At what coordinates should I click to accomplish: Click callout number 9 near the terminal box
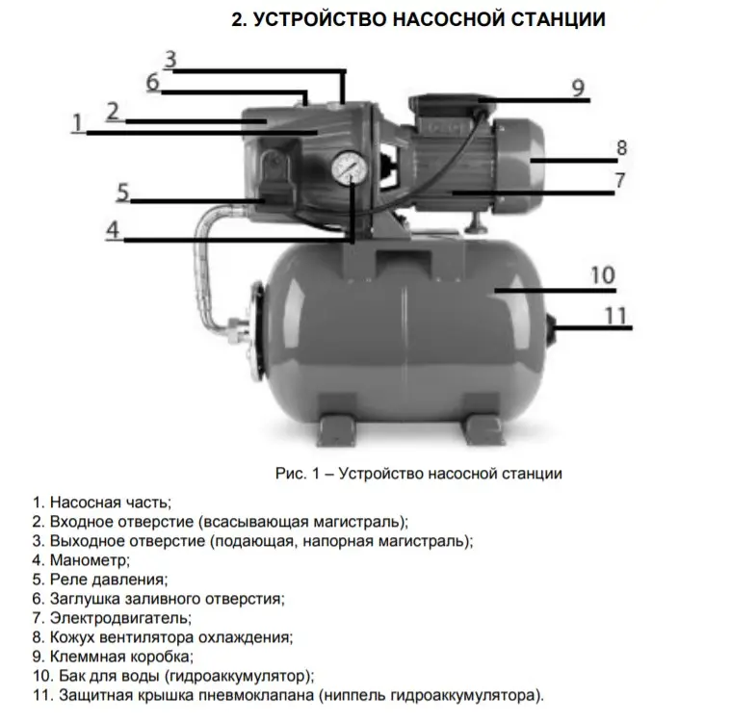(577, 88)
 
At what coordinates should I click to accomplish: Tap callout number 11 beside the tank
(615, 315)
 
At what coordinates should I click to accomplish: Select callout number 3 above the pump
(170, 58)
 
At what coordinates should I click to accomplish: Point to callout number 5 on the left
(123, 191)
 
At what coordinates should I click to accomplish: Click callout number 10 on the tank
(602, 274)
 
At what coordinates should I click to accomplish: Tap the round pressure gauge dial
(346, 167)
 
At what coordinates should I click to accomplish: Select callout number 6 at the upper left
(152, 82)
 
